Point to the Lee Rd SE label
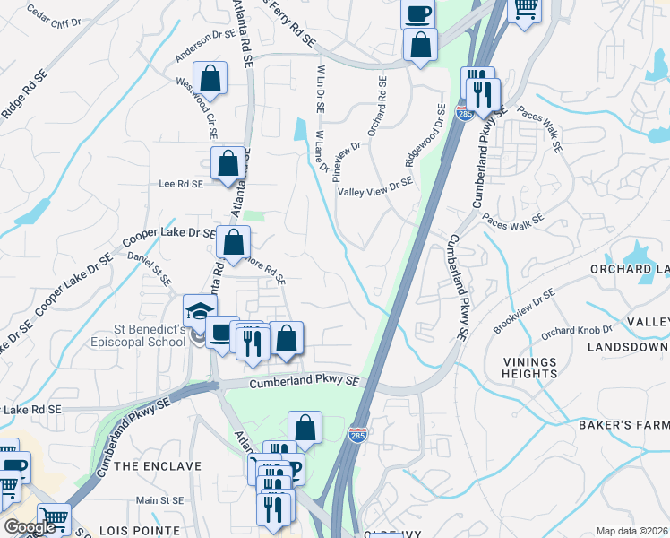pyautogui.click(x=181, y=183)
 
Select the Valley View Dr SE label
pyautogui.click(x=375, y=187)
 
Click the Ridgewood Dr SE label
pyautogui.click(x=425, y=135)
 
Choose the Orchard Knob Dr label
pyautogui.click(x=576, y=330)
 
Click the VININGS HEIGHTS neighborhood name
pyautogui.click(x=529, y=368)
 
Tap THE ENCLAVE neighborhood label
pyautogui.click(x=150, y=466)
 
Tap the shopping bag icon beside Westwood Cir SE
pyautogui.click(x=210, y=79)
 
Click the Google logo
pyautogui.click(x=30, y=527)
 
